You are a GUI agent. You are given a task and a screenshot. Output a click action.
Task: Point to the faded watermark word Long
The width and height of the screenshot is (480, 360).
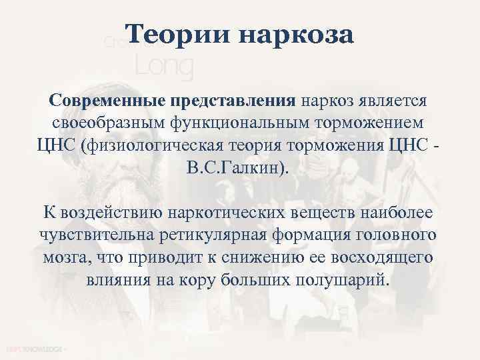(x=164, y=66)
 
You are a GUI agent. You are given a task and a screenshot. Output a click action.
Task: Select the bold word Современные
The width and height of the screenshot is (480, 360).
(x=106, y=102)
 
